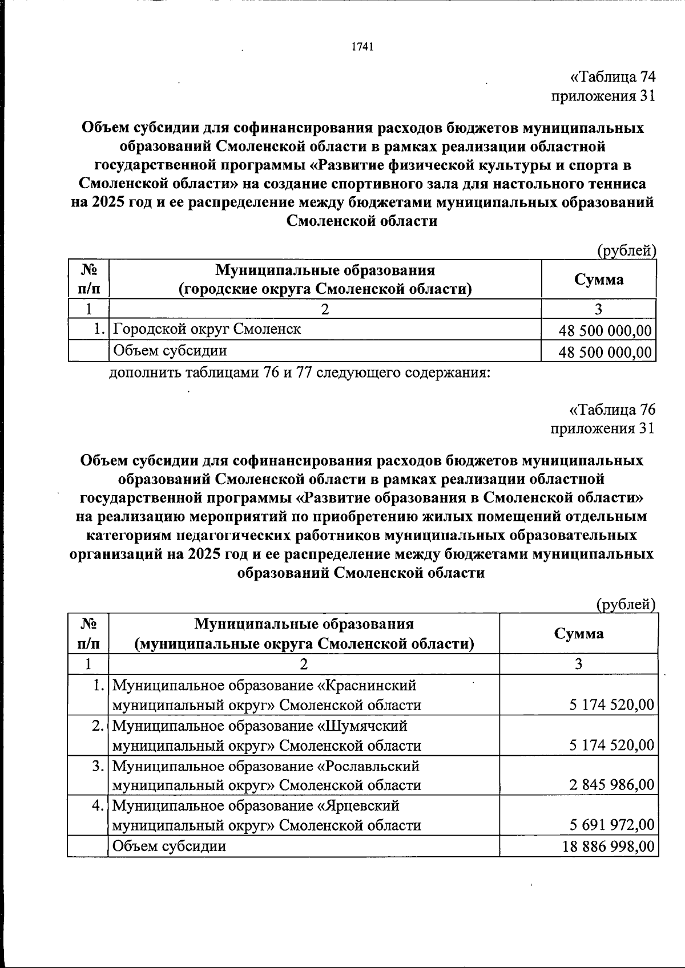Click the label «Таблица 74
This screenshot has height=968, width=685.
click(x=613, y=77)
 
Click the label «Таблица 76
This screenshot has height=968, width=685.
click(x=613, y=410)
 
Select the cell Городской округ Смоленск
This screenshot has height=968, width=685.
click(x=207, y=329)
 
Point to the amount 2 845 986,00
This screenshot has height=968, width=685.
click(x=611, y=785)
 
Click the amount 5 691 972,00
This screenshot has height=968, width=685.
click(x=611, y=825)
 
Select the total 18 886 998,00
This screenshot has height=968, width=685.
click(x=608, y=847)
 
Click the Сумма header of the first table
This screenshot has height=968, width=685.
click(x=598, y=280)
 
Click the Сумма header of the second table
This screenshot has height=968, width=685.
click(x=578, y=634)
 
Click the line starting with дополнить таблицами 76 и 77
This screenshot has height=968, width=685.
click(x=299, y=374)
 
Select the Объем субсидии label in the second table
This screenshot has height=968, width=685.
click(x=170, y=846)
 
